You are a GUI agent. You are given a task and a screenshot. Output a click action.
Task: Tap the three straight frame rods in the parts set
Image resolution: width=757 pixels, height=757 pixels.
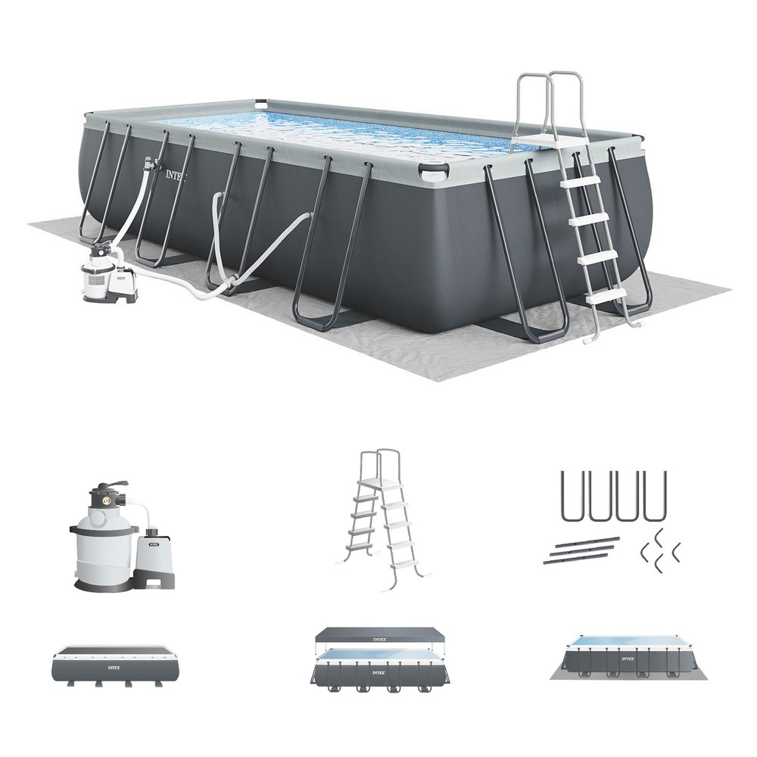[x=579, y=551]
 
